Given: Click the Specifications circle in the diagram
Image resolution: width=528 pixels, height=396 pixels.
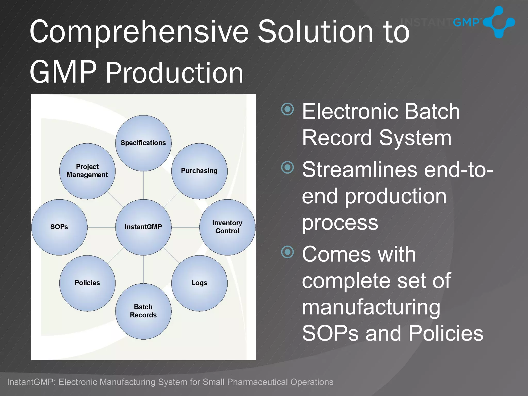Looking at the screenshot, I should tap(143, 143).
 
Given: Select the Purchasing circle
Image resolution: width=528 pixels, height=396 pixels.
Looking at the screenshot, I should tap(199, 171).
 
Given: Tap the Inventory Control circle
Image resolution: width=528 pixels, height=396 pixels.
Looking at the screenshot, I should tap(227, 227).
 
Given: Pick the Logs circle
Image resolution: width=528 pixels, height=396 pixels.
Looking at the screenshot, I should tap(199, 283).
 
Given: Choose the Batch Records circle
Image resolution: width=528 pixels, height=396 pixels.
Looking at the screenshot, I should tap(143, 311).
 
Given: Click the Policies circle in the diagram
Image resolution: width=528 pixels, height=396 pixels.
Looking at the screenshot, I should tap(87, 283).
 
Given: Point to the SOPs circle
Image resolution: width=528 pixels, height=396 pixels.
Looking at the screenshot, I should tap(59, 227).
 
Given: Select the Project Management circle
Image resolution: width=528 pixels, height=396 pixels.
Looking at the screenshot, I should tap(87, 171).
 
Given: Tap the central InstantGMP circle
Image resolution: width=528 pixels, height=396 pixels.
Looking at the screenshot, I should tap(143, 227).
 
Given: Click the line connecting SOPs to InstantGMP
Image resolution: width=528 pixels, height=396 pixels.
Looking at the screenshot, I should tap(101, 227).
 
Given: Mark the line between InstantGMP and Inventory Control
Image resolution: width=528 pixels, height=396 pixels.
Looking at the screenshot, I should tap(185, 227).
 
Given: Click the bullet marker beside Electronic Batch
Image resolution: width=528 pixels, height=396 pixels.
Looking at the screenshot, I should tap(287, 109).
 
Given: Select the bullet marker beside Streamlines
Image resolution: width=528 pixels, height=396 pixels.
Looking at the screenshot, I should tap(287, 168).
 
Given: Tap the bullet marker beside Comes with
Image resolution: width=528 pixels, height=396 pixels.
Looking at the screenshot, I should tap(287, 252).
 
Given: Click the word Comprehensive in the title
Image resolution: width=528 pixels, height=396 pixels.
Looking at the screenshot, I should tap(139, 32).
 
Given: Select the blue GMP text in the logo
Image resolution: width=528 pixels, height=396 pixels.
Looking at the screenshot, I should tap(466, 23).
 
